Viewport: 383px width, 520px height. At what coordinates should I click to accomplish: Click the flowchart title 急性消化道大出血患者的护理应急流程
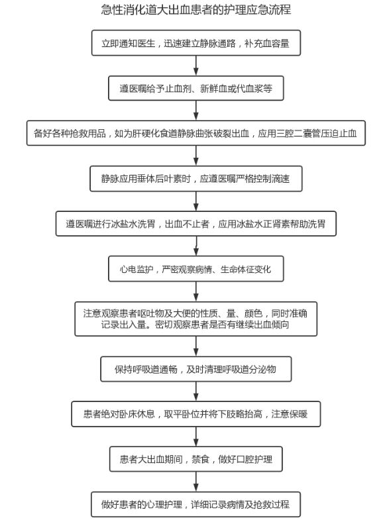coord(196,9)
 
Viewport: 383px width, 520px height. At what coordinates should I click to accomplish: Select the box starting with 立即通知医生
coord(196,43)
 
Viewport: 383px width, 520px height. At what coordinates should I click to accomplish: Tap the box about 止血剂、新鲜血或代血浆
coord(196,88)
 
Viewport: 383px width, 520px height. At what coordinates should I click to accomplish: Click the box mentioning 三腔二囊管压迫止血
coord(196,133)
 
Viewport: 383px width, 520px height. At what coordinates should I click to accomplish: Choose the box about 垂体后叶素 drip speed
coord(196,179)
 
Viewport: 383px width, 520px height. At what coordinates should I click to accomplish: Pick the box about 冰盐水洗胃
coord(196,224)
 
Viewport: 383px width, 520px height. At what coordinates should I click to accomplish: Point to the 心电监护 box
coord(196,269)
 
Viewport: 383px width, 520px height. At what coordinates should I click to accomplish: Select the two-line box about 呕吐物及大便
coord(196,319)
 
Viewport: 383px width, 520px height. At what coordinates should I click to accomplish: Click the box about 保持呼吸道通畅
coord(196,369)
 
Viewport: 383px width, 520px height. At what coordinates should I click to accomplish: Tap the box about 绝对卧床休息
coord(196,414)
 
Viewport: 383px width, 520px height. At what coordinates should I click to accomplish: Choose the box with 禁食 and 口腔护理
coord(196,459)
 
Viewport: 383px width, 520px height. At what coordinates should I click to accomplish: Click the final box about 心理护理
coord(196,504)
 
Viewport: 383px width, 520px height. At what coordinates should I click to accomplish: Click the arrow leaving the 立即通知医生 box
coord(196,66)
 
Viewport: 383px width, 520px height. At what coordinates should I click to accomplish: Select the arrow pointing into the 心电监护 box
coord(196,246)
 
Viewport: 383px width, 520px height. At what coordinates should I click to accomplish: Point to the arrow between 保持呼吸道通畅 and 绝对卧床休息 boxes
coord(196,391)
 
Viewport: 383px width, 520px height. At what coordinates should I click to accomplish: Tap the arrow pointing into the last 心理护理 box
coord(196,482)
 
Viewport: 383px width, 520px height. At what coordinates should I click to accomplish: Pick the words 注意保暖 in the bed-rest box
coord(290,414)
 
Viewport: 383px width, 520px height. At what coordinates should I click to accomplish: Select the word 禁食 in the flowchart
coord(201,459)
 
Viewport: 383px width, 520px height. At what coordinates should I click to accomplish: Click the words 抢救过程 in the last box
coord(272,504)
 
